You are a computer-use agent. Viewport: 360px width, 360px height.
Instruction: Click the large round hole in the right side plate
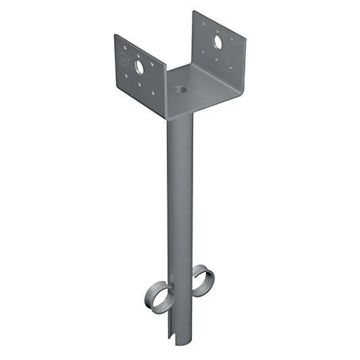(x=219, y=42)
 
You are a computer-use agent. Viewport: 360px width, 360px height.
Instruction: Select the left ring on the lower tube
(x=157, y=297)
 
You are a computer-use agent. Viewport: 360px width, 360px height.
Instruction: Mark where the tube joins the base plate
(x=180, y=115)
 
